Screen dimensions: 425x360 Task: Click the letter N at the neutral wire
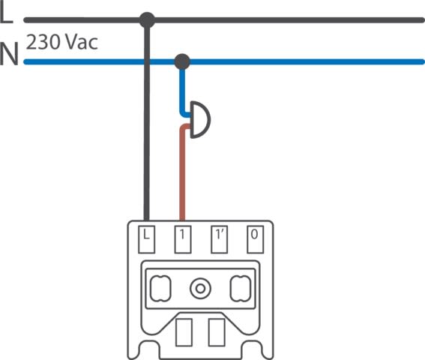click(x=9, y=54)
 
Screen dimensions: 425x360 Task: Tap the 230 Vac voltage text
click(x=61, y=42)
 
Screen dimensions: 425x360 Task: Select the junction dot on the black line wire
click(x=147, y=20)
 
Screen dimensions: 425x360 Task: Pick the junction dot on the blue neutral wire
click(x=182, y=61)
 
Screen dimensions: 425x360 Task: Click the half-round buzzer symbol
click(x=200, y=120)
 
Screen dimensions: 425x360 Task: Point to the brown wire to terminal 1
click(x=182, y=173)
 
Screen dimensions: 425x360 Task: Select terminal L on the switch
click(x=146, y=239)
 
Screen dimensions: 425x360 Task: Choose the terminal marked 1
click(x=183, y=239)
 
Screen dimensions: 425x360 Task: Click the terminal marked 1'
click(x=220, y=239)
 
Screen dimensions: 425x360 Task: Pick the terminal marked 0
click(x=255, y=239)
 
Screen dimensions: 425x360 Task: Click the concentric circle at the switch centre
click(x=200, y=289)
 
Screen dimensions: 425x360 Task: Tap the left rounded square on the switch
click(x=160, y=289)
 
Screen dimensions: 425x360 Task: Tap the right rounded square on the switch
click(x=241, y=289)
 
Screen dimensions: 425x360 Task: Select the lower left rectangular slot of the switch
click(x=184, y=332)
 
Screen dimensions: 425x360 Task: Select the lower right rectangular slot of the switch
click(x=217, y=332)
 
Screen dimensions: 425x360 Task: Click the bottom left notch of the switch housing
click(x=149, y=350)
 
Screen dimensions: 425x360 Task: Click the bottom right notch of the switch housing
click(x=252, y=350)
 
